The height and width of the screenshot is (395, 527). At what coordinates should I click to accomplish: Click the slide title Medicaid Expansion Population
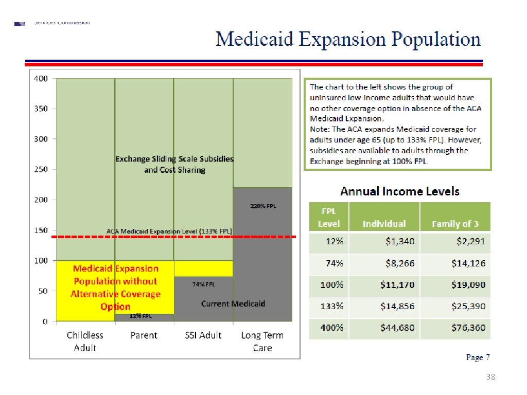348,40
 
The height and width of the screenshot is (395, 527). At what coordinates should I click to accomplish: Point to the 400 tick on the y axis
41,79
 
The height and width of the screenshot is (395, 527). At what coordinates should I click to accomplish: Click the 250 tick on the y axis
41,170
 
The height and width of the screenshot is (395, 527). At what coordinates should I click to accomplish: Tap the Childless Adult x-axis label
85,342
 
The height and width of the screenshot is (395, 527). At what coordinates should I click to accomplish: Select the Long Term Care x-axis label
262,342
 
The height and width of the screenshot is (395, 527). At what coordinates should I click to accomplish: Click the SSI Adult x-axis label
203,335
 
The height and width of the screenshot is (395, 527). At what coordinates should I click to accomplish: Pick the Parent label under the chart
144,335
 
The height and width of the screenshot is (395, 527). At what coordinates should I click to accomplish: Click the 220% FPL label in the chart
263,206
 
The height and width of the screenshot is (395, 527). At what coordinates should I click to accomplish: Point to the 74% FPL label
204,284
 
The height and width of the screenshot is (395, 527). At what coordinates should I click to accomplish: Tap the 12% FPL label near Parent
144,316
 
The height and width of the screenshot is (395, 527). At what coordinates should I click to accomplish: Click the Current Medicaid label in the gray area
233,304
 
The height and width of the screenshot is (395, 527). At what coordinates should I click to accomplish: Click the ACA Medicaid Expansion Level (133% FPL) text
169,231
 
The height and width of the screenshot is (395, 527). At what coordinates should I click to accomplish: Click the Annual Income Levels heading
399,191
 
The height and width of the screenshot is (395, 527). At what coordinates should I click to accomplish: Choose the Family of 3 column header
455,224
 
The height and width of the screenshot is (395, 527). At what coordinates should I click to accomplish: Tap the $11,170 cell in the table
397,285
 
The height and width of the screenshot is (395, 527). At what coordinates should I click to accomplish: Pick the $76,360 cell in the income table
468,328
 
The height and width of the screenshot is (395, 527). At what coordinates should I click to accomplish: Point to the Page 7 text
478,357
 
